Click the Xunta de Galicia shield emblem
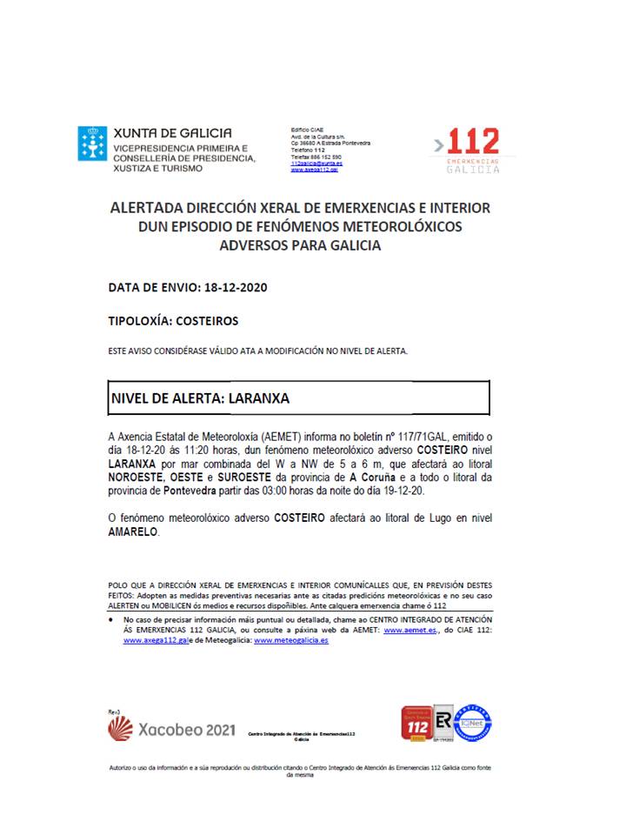[93, 143]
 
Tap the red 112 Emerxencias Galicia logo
[470, 149]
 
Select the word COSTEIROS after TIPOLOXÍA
[206, 320]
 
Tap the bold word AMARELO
[133, 531]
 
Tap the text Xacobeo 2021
[186, 730]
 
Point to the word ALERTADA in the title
[147, 208]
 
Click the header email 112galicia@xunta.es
[316, 164]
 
